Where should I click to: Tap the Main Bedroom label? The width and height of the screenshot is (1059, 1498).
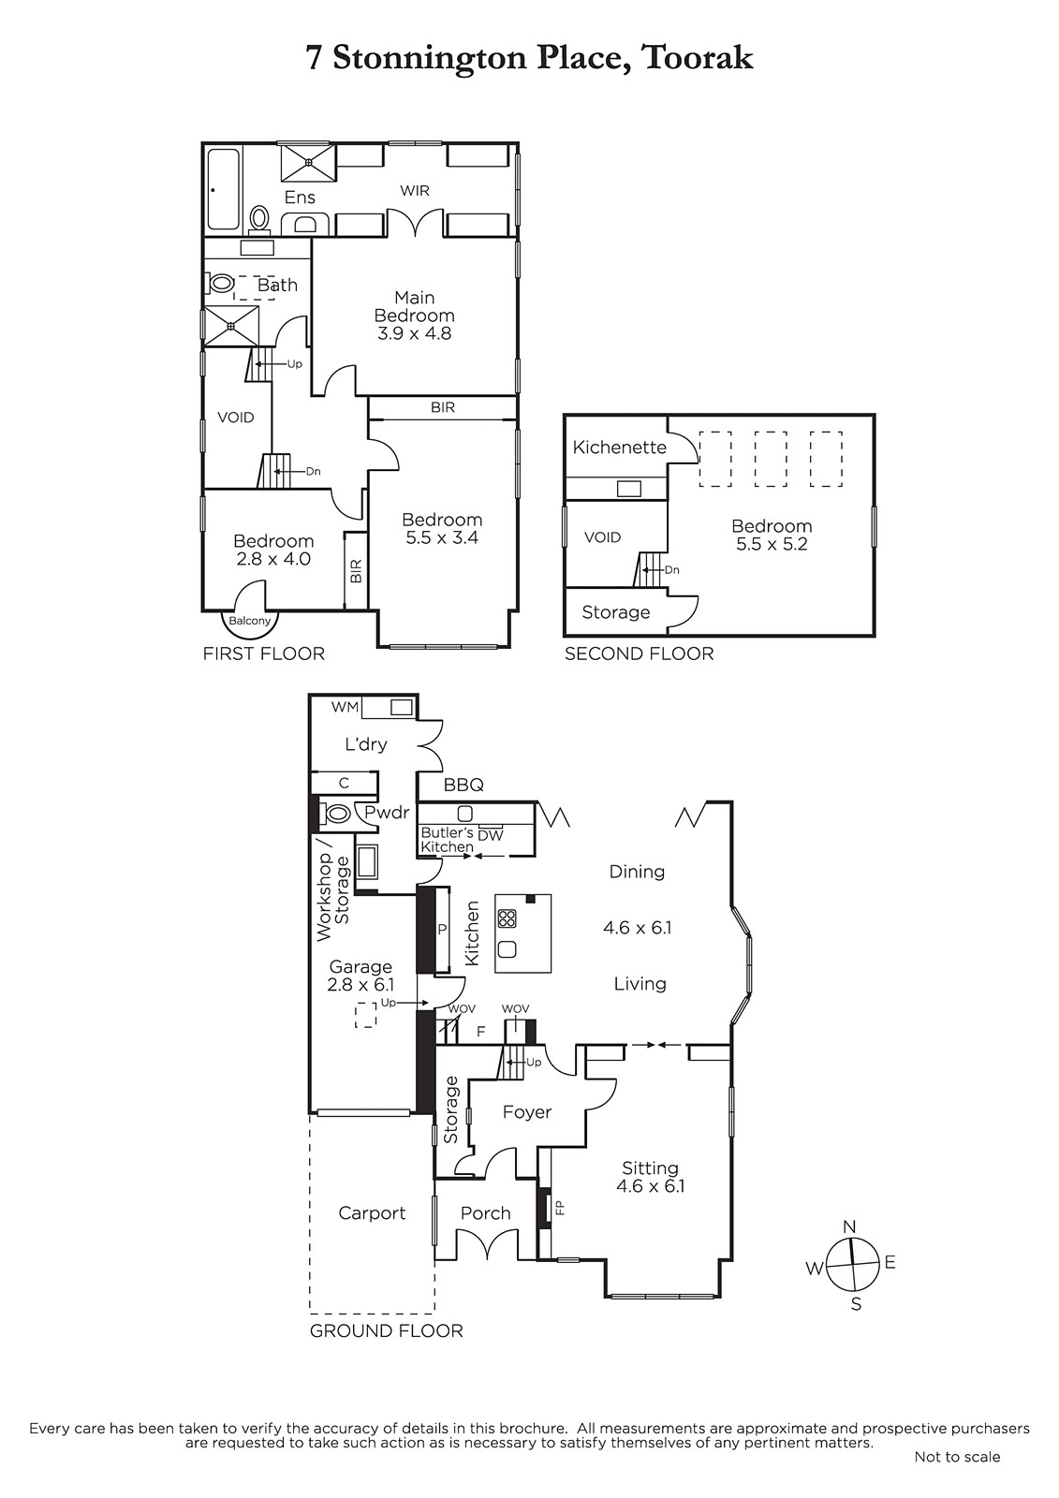click(414, 306)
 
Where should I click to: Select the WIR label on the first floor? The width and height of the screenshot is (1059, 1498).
click(414, 191)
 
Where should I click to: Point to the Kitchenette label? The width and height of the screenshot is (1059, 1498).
click(620, 447)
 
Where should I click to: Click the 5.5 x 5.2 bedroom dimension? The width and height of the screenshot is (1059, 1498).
click(772, 544)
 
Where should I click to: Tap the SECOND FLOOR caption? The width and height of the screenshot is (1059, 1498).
click(639, 654)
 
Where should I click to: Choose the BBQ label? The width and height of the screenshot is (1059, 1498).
click(463, 785)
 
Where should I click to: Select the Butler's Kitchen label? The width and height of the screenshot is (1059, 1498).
click(447, 839)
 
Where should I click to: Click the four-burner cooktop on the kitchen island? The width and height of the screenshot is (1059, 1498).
click(507, 918)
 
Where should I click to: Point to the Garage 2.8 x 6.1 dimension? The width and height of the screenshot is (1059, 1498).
click(360, 984)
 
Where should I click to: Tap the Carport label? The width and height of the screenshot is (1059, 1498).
click(372, 1212)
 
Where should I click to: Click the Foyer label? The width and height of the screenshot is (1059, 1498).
click(527, 1111)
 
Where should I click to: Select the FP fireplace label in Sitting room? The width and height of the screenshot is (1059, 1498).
click(561, 1207)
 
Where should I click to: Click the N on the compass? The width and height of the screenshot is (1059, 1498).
click(849, 1226)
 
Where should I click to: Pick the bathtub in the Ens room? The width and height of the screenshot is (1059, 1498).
click(223, 188)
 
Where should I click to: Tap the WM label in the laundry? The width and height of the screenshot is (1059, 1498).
click(345, 707)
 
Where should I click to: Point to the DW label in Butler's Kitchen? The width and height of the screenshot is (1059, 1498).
click(491, 834)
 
